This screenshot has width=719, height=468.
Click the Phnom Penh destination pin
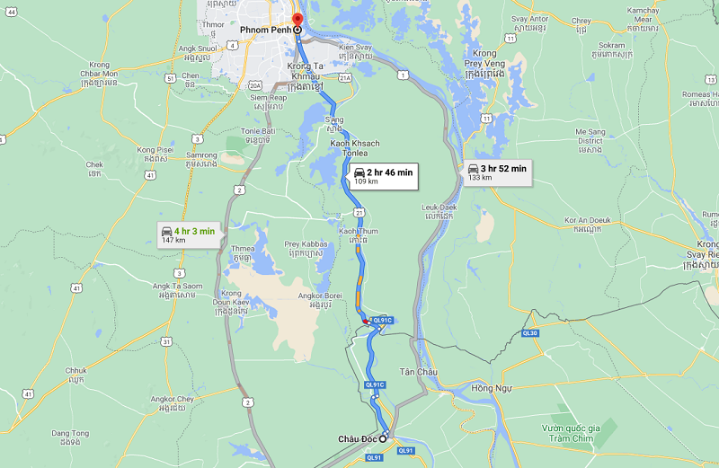point(297,20)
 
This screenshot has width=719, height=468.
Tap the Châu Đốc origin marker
point(383,438)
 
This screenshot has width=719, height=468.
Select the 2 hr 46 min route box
point(383,175)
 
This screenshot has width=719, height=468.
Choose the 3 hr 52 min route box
point(497,172)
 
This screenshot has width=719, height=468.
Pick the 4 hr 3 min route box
point(188,234)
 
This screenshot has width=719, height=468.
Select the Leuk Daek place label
point(439,211)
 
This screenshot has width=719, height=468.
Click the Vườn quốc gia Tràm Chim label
point(575,432)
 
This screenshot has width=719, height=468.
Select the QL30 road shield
point(529,333)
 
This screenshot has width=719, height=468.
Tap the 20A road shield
point(255,84)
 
